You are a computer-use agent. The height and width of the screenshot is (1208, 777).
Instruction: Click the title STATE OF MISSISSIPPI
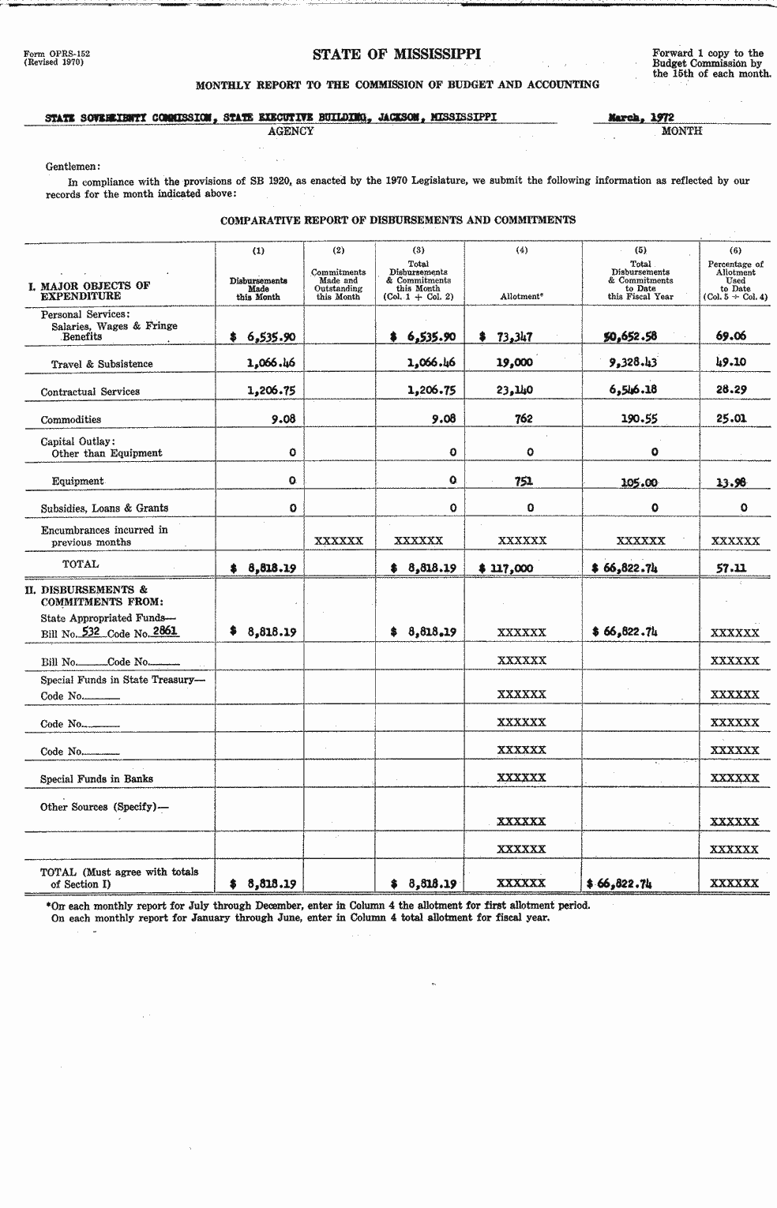pyautogui.click(x=396, y=54)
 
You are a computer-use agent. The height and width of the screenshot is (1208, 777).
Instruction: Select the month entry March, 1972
pyautogui.click(x=640, y=117)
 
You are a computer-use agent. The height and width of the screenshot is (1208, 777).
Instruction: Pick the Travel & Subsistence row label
pyautogui.click(x=102, y=364)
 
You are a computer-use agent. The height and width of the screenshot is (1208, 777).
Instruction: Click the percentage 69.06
pyautogui.click(x=730, y=336)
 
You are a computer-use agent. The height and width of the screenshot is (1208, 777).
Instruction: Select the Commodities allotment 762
pyautogui.click(x=523, y=419)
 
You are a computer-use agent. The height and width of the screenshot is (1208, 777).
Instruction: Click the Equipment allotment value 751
pyautogui.click(x=524, y=481)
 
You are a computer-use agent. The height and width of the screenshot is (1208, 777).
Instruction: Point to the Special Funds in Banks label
pyautogui.click(x=96, y=779)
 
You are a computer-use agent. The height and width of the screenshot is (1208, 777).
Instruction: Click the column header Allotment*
pyautogui.click(x=521, y=297)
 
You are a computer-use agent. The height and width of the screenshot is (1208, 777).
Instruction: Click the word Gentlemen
pyautogui.click(x=73, y=167)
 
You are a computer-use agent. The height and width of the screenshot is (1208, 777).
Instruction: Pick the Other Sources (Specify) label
pyautogui.click(x=105, y=807)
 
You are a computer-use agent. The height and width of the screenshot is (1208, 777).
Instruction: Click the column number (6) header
pyautogui.click(x=735, y=250)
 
